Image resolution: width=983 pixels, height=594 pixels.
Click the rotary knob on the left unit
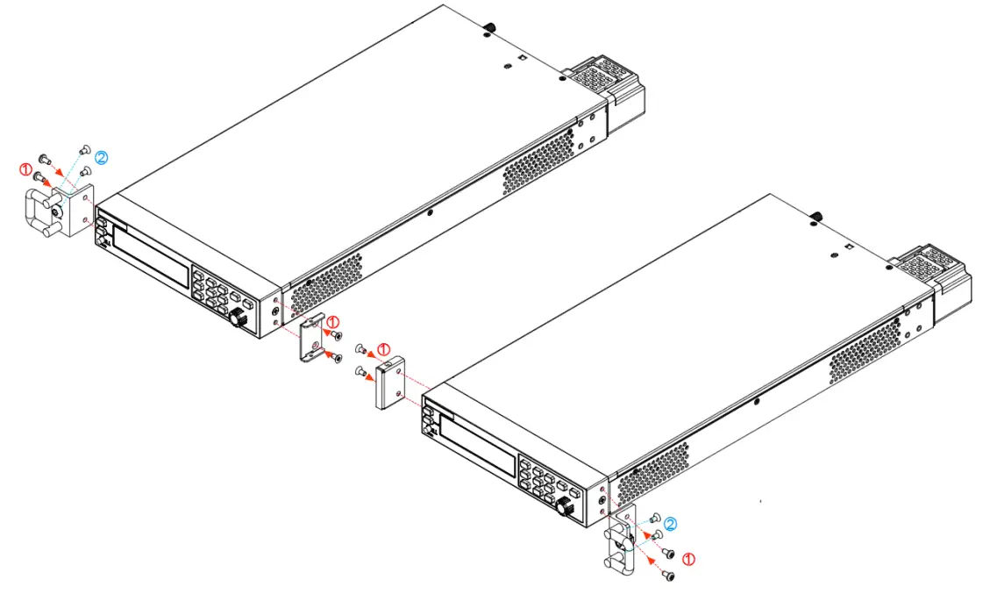238,321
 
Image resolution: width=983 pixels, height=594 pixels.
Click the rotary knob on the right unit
564,507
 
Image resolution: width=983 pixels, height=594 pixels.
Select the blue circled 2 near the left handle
102,158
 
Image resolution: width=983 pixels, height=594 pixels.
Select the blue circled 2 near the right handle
670,524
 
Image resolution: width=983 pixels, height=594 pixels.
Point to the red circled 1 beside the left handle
25,168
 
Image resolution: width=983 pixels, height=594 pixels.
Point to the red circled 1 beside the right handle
688,557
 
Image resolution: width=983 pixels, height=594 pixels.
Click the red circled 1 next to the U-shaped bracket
332,322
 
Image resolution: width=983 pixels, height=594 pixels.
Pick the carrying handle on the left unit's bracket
39,216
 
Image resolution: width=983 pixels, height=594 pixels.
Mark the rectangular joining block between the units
389,382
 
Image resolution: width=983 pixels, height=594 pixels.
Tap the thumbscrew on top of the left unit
489,27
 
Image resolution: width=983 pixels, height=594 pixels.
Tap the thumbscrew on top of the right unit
816,216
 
